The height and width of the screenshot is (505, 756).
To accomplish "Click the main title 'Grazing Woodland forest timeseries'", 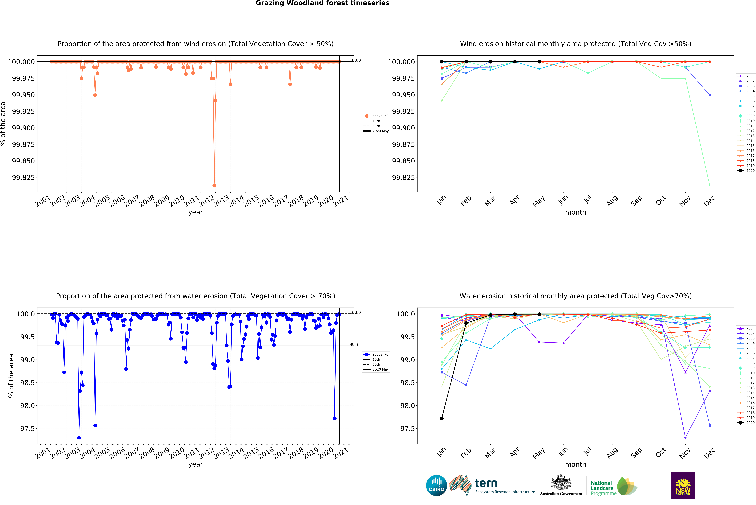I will click(322, 3).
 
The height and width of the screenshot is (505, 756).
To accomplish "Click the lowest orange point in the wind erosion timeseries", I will click(214, 186).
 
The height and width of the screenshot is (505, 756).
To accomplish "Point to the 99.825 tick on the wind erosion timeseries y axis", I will click(23, 177).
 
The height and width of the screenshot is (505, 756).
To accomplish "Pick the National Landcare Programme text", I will click(602, 488).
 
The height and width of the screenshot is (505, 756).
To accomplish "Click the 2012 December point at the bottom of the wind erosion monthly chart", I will click(710, 185).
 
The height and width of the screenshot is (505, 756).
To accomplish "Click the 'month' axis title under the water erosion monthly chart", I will click(576, 464).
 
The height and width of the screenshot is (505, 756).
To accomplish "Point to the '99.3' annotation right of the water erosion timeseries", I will click(354, 345).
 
